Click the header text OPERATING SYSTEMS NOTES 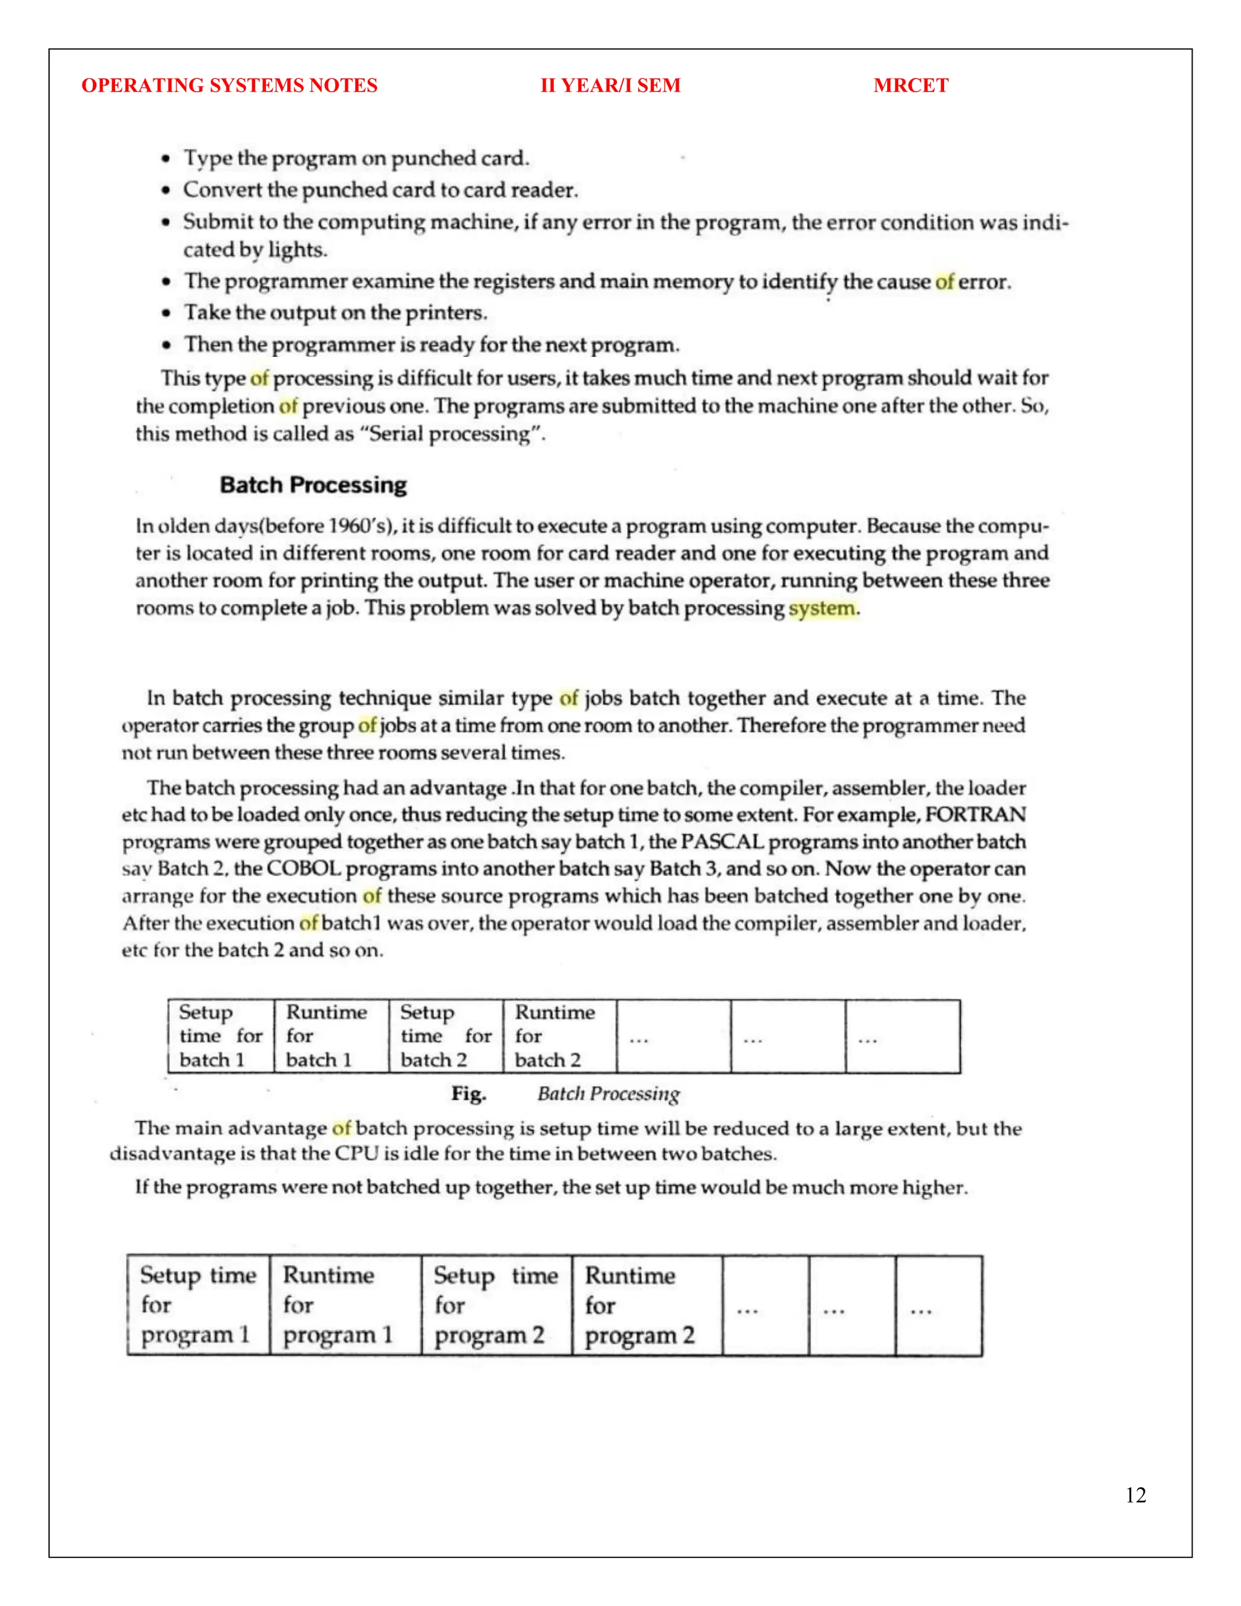click(230, 85)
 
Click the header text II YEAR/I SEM click(610, 85)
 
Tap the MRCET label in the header click(910, 85)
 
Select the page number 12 click(1135, 1495)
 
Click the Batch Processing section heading click(313, 485)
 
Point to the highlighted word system click(821, 608)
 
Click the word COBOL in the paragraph click(303, 869)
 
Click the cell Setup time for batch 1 click(221, 1036)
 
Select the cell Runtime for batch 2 click(559, 1036)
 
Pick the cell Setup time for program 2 click(496, 1305)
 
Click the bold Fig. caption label click(468, 1094)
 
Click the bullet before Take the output click(167, 313)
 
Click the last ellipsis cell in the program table click(938, 1306)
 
